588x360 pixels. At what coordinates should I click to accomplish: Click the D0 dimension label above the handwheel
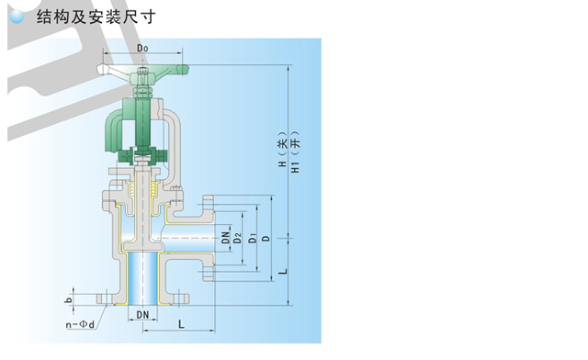click(142, 49)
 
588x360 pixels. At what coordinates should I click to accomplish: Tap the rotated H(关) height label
click(282, 150)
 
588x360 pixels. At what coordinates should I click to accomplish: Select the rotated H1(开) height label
click(296, 152)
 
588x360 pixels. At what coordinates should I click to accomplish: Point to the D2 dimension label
click(238, 238)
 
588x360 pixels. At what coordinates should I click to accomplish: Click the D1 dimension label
click(253, 238)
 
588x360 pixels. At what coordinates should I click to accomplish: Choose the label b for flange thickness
click(69, 300)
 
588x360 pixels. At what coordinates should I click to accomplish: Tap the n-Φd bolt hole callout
click(80, 324)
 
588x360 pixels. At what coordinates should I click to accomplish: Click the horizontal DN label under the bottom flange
click(142, 315)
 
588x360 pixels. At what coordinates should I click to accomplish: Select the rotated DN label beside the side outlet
click(225, 237)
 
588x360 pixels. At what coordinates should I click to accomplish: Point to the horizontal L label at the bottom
click(181, 324)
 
